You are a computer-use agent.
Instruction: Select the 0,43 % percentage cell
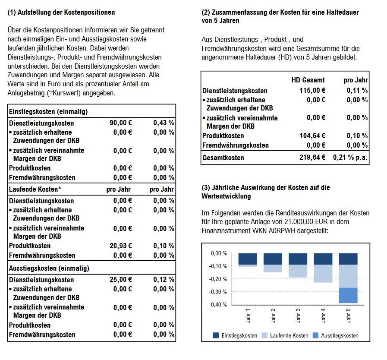(x=164, y=123)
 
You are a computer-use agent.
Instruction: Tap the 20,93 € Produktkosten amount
(x=122, y=246)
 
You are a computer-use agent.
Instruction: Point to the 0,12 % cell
(x=164, y=280)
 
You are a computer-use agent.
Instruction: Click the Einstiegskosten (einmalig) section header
(x=48, y=111)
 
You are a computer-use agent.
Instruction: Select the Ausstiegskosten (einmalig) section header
(x=49, y=268)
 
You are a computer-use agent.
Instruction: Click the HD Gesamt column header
(x=308, y=80)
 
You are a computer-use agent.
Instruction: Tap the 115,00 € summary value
(x=312, y=91)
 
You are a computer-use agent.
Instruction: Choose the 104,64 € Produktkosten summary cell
(x=312, y=136)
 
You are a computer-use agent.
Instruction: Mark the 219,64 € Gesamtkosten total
(x=312, y=158)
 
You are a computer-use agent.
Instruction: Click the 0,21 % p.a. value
(x=350, y=158)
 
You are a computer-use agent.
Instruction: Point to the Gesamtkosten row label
(x=223, y=158)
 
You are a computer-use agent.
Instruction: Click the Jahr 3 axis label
(x=298, y=319)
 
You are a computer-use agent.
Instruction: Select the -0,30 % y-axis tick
(x=218, y=292)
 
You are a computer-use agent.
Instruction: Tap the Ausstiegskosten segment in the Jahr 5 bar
(x=348, y=295)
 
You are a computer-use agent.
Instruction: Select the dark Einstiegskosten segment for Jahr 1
(x=248, y=259)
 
